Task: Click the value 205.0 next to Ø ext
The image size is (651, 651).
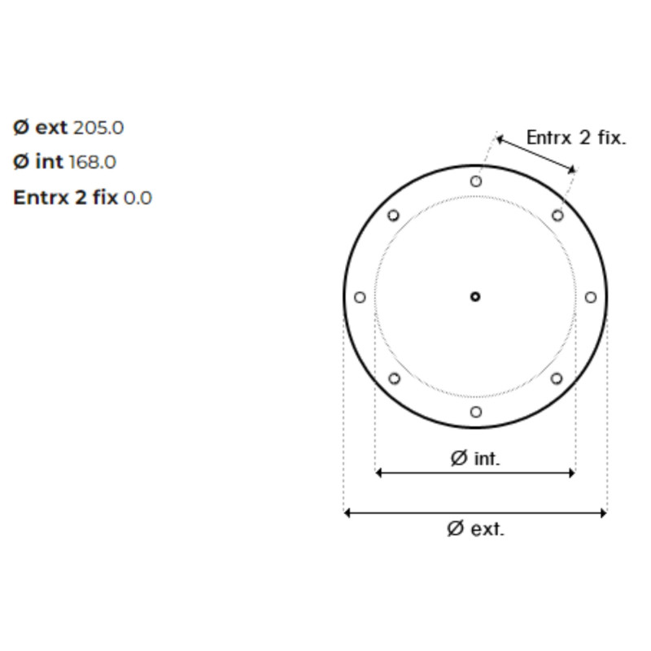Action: click(98, 128)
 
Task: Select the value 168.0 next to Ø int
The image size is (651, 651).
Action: click(92, 162)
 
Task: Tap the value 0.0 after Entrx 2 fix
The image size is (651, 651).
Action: click(138, 198)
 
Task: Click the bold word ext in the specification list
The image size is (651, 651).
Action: click(51, 128)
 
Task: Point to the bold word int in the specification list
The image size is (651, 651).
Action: click(50, 161)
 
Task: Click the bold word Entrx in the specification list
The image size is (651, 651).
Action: click(42, 197)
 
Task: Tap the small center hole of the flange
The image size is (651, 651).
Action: click(475, 297)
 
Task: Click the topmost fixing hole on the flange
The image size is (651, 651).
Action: click(476, 181)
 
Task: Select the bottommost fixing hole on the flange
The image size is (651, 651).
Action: click(476, 412)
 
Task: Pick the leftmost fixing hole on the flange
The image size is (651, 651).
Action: click(360, 297)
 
